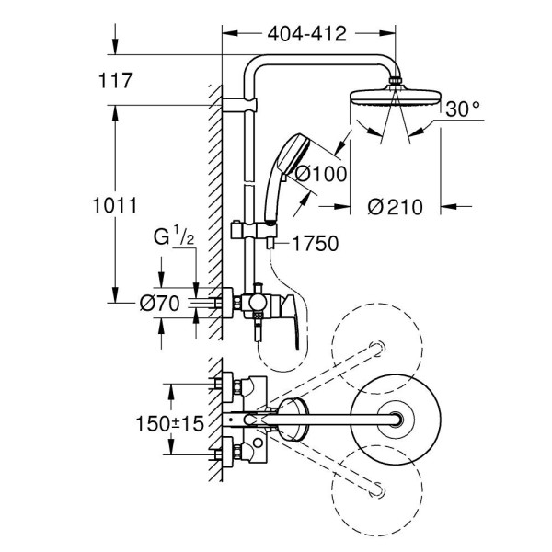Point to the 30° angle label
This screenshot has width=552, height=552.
[x=463, y=109]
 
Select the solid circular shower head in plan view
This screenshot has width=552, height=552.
[x=398, y=420]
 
